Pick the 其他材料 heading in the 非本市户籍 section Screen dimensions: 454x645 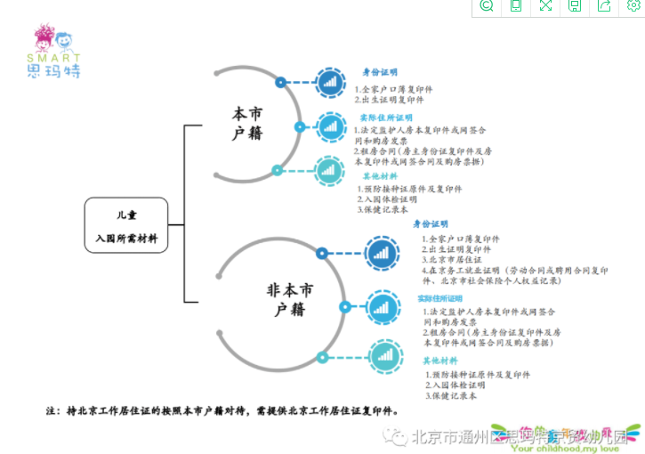439,361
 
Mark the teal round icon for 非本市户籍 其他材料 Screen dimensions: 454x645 385,358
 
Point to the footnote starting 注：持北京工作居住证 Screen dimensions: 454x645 222,411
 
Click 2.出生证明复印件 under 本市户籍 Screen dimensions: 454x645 389,100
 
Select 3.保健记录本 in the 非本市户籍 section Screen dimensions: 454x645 450,396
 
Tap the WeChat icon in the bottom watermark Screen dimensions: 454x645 391,435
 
